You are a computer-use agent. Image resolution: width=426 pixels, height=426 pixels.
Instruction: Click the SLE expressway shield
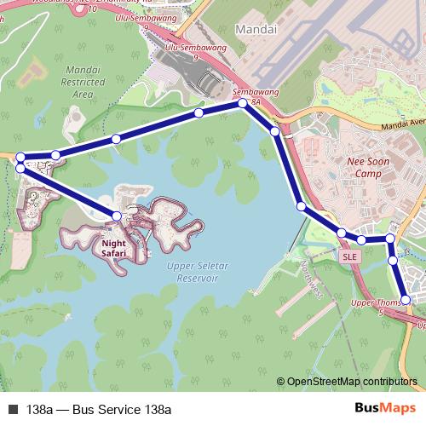click(x=348, y=256)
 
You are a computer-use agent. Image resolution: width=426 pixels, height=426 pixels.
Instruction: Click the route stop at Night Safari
click(x=117, y=216)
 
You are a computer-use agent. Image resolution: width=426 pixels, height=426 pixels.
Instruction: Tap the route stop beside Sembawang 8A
click(x=243, y=103)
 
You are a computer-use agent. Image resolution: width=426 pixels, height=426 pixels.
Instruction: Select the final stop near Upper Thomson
click(x=406, y=299)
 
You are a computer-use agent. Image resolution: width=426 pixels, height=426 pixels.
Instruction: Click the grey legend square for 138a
click(x=13, y=409)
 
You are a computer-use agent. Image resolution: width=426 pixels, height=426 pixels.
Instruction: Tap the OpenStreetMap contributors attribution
click(x=353, y=381)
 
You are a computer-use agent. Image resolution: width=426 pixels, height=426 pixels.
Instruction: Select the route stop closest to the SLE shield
click(x=342, y=233)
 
